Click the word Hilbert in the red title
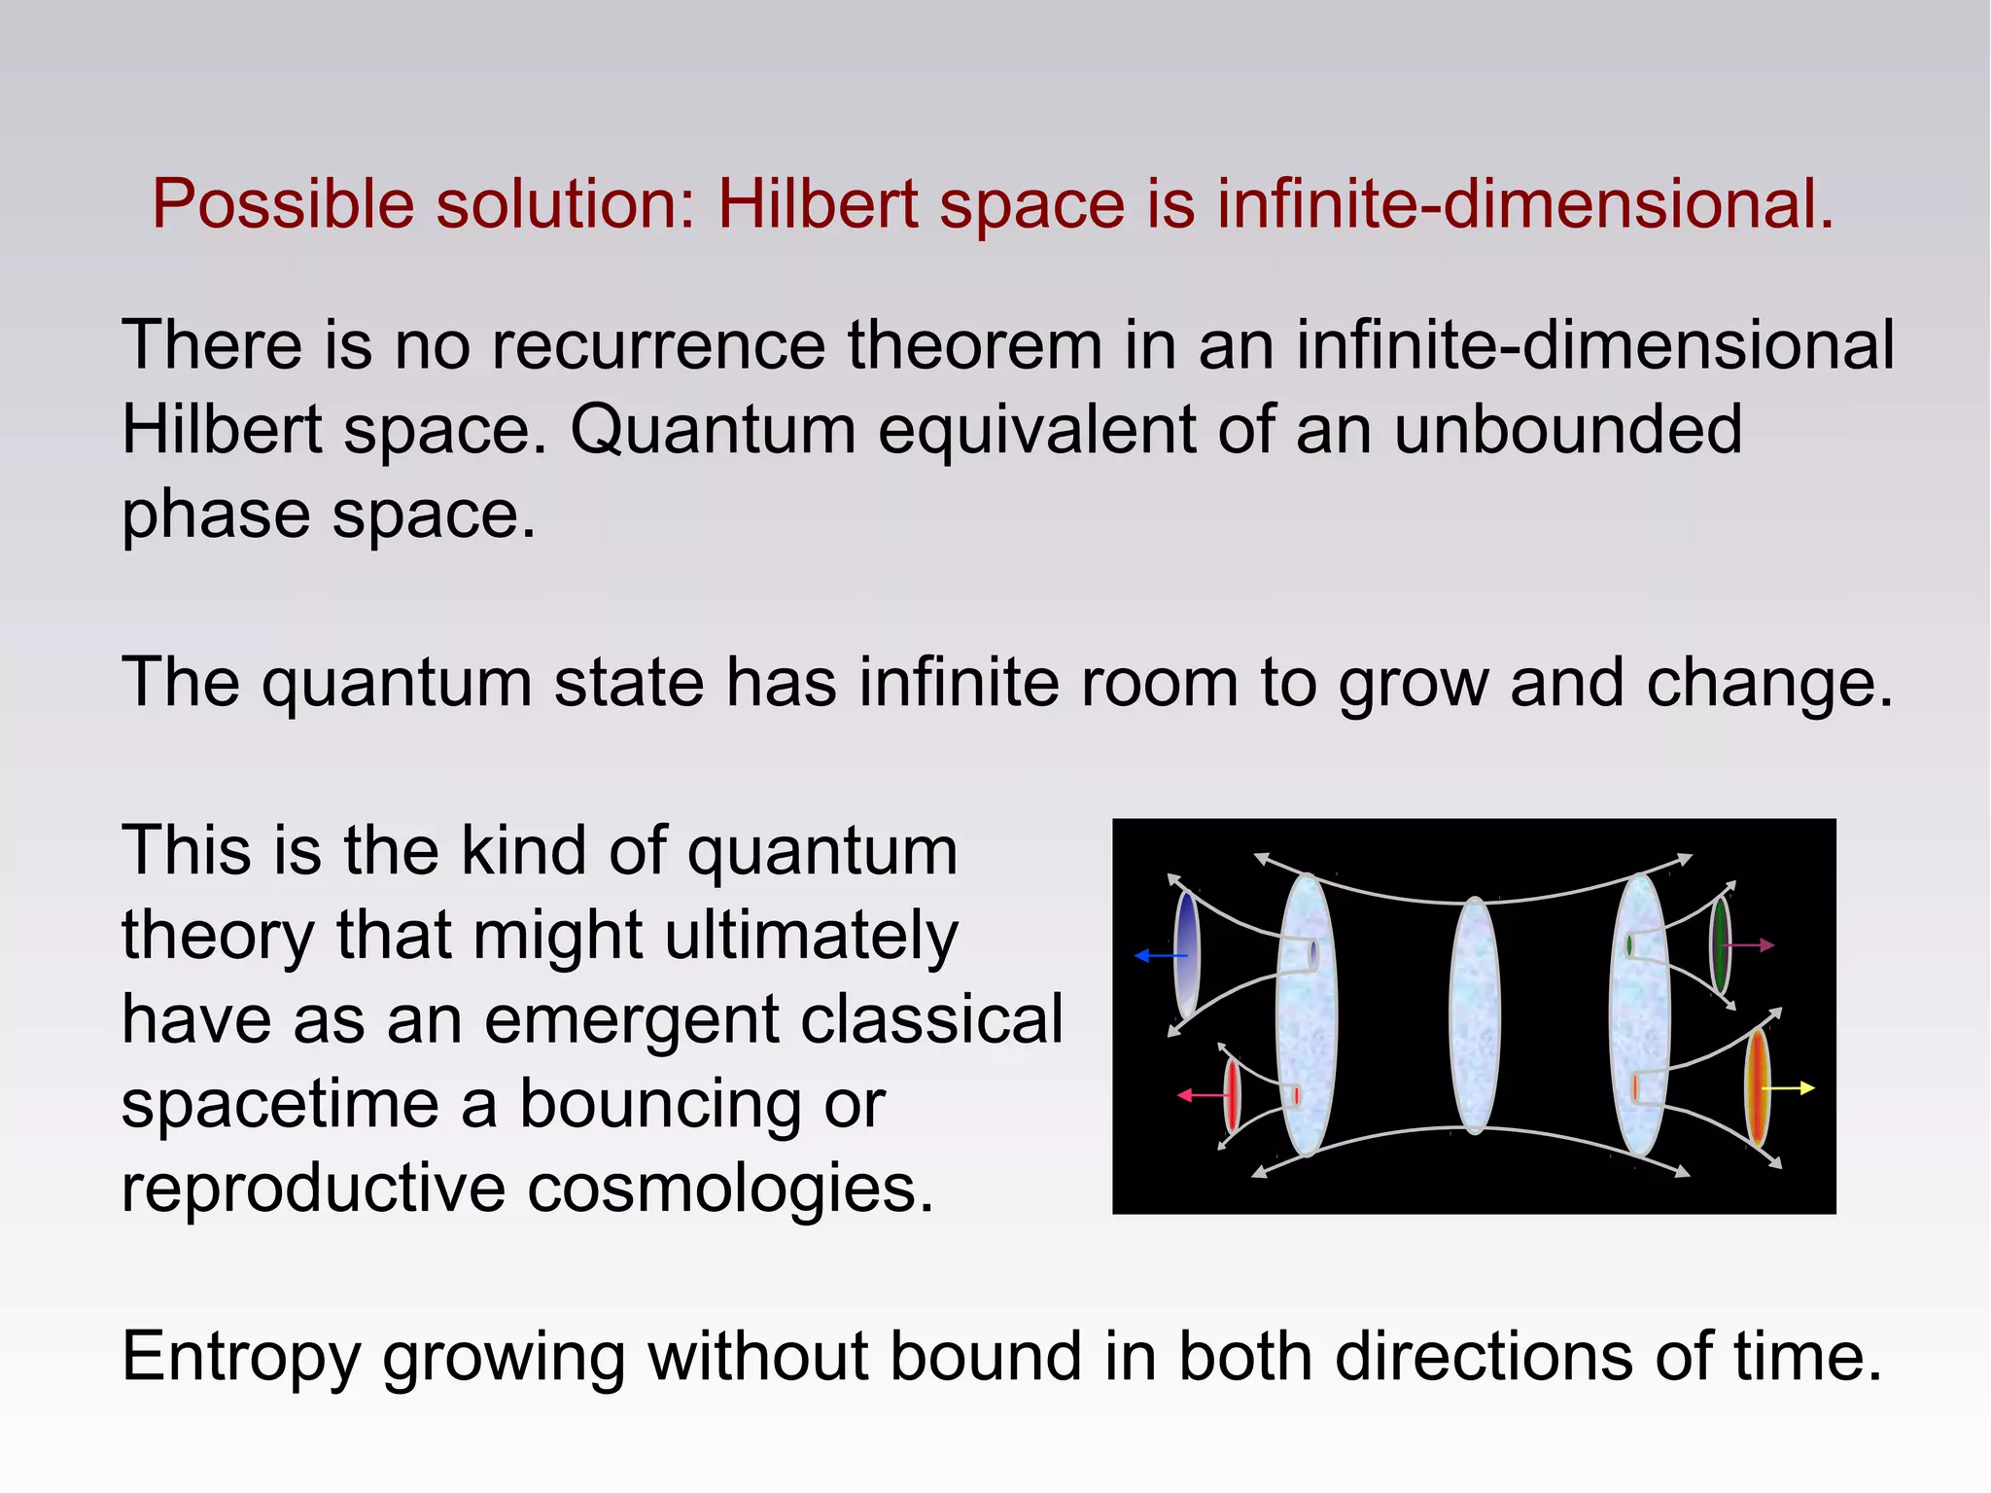pyautogui.click(x=818, y=204)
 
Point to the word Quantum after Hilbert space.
pyautogui.click(x=713, y=431)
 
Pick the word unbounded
pyautogui.click(x=1567, y=429)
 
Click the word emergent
pyautogui.click(x=632, y=1021)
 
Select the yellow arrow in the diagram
pyautogui.click(x=1789, y=1088)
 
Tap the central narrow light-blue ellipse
pyautogui.click(x=1475, y=1014)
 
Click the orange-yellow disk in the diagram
pyautogui.click(x=1758, y=1087)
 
